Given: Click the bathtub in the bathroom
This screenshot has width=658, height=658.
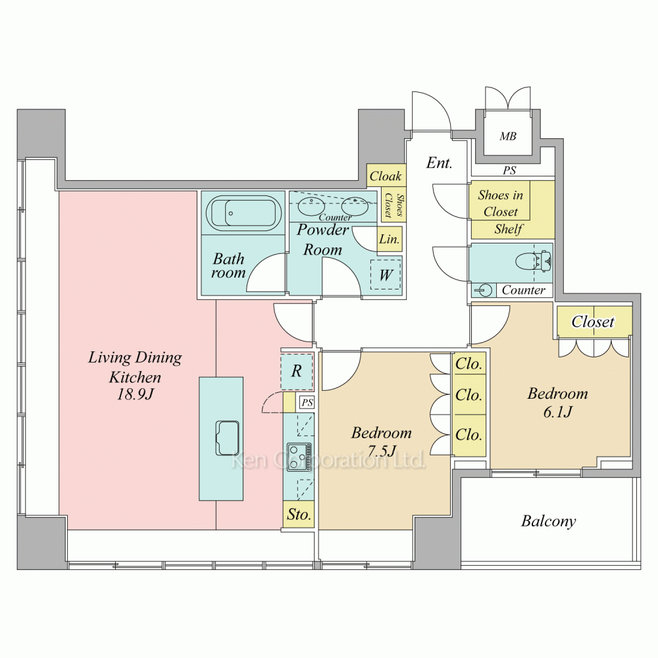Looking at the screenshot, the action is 243,213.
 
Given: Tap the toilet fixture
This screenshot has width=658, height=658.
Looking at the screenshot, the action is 534,261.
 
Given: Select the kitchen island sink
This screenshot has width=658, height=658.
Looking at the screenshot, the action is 228,438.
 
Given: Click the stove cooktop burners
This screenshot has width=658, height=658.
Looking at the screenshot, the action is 299,457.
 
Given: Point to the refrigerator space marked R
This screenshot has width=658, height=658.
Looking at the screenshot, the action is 297,371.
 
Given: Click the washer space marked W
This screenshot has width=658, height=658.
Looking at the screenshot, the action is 386,275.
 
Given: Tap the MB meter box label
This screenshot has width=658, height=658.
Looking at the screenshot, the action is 508,136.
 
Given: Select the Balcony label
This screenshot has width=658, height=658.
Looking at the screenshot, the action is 549,521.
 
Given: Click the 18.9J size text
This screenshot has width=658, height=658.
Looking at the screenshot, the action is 135,394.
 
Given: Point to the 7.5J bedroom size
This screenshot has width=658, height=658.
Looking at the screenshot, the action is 382,451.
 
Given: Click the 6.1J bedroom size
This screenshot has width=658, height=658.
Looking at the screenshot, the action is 557,412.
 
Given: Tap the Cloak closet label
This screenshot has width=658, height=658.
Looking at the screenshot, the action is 386,176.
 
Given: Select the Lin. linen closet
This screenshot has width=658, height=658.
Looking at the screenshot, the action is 390,240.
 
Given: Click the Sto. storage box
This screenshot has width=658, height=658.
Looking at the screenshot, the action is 299,514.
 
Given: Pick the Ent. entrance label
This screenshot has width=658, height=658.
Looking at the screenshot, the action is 440,163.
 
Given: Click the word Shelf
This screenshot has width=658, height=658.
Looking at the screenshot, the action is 509,229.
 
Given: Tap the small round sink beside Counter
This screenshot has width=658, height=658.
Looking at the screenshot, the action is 485,290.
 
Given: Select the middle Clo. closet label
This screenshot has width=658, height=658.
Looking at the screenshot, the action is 468,395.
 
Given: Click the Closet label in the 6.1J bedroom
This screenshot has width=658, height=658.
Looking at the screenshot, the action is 593,322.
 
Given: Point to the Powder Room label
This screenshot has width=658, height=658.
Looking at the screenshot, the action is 322,240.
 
